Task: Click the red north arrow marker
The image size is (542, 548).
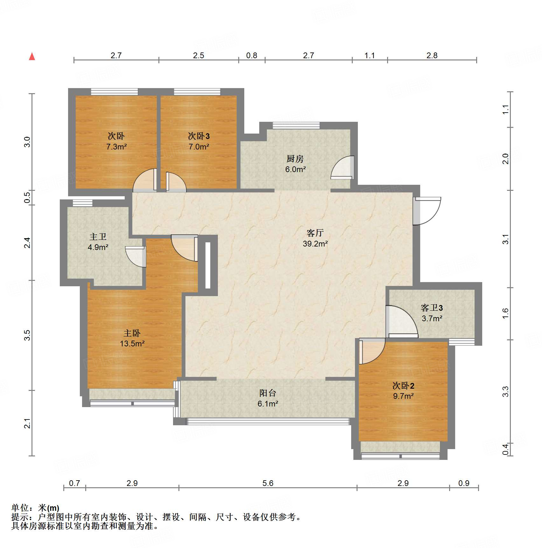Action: click(x=32, y=57)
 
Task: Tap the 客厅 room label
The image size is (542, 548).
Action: click(x=315, y=233)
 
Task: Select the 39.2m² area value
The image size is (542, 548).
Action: click(x=315, y=244)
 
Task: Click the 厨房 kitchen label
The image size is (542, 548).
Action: click(x=295, y=159)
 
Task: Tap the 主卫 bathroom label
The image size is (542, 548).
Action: click(x=98, y=237)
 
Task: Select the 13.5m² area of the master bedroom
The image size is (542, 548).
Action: click(x=132, y=344)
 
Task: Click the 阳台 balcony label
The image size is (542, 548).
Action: click(x=268, y=393)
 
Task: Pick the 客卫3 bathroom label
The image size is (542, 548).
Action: click(x=432, y=308)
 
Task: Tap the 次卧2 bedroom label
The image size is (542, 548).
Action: click(x=403, y=386)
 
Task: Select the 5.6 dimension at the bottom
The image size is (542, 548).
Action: click(x=268, y=483)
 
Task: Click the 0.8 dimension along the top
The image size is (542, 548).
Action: click(x=252, y=56)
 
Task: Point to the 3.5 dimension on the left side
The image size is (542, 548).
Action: click(x=27, y=335)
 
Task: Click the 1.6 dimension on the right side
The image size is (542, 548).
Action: click(x=505, y=314)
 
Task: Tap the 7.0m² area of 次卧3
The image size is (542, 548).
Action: click(x=198, y=147)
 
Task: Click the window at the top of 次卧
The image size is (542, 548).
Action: click(x=115, y=92)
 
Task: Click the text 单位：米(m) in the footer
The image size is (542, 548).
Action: click(x=35, y=508)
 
